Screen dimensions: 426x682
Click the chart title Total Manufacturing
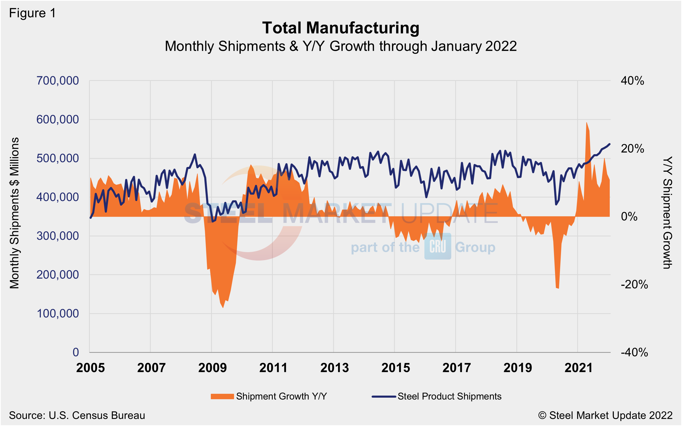[x=341, y=28]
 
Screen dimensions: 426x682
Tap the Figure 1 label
[x=33, y=13]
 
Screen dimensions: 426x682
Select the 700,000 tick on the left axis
[x=58, y=81]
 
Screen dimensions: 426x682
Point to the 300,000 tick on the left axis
[x=58, y=236]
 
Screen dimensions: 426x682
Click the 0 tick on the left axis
[x=76, y=352]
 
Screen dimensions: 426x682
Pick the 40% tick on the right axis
[x=632, y=81]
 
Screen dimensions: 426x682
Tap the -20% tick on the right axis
[x=634, y=285]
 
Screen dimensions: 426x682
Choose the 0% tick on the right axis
[x=629, y=217]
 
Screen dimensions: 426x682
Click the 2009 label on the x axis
[x=212, y=368]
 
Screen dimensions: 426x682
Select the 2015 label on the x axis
[x=395, y=368]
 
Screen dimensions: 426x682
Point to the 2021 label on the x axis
[x=579, y=368]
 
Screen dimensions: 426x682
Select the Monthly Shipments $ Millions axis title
[x=14, y=213]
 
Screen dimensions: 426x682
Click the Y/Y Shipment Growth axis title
[x=667, y=213]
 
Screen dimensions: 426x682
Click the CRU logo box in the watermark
[x=437, y=246]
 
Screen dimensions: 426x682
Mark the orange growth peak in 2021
[x=587, y=123]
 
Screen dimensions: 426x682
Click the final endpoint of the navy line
[x=610, y=144]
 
